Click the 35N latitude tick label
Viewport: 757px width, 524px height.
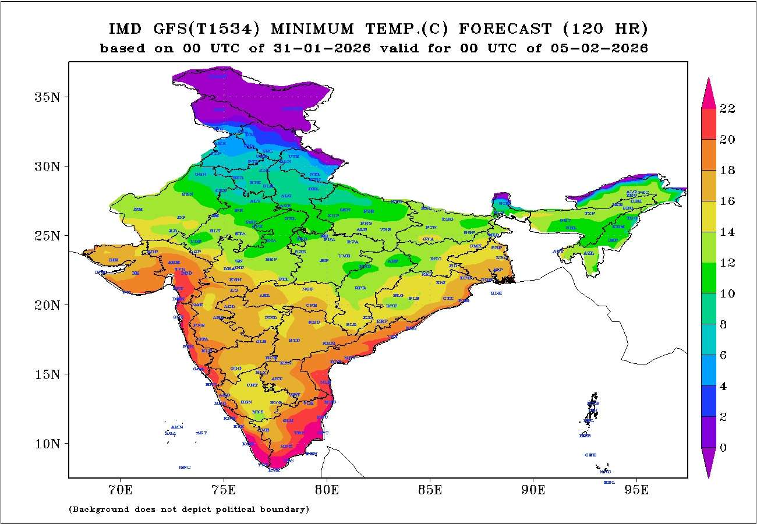point(47,97)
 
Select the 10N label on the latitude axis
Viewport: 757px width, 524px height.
point(47,444)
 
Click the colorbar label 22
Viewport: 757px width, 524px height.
point(727,109)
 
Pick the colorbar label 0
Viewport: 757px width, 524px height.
point(724,448)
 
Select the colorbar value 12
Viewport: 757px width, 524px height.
point(727,263)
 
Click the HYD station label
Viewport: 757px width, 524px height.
point(295,340)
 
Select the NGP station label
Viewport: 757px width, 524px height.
point(308,289)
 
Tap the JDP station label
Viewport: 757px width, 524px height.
point(181,217)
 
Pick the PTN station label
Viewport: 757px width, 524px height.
point(431,227)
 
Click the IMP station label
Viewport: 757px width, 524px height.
point(613,240)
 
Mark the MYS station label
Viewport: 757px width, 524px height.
point(257,412)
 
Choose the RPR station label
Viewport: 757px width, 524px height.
point(360,288)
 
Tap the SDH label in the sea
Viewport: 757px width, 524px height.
point(496,293)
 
